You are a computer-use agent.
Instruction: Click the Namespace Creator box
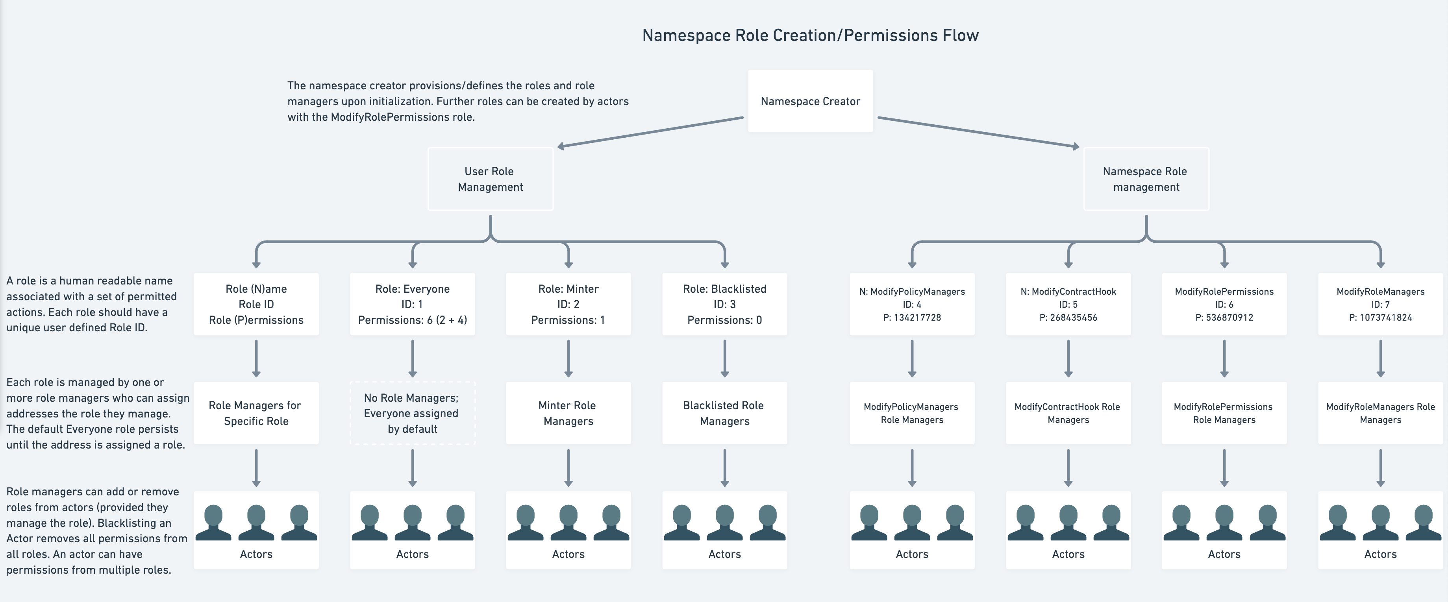pyautogui.click(x=810, y=101)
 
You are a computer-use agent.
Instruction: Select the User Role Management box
pyautogui.click(x=490, y=179)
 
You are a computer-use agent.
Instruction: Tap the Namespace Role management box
pyautogui.click(x=1146, y=179)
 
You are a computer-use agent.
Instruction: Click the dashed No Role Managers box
pyautogui.click(x=412, y=413)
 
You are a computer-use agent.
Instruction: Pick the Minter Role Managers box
pyautogui.click(x=568, y=413)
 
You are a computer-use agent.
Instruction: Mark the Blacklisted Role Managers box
pyautogui.click(x=724, y=413)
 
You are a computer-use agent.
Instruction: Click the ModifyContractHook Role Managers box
pyautogui.click(x=1068, y=413)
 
